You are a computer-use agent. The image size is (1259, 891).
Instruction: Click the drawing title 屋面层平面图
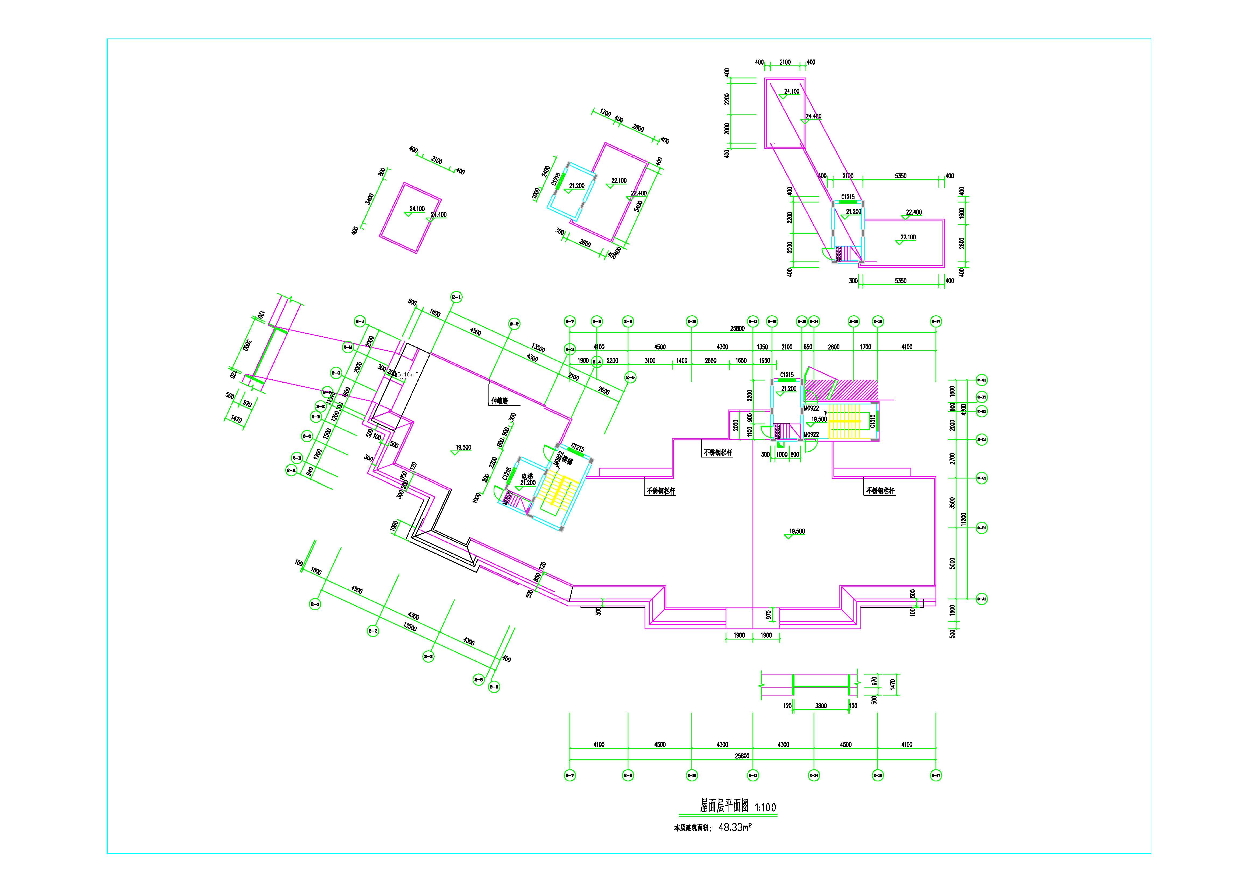coord(725,806)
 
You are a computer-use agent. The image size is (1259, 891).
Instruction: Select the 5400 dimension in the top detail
coord(639,207)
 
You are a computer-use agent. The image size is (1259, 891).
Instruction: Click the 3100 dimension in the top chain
coord(650,361)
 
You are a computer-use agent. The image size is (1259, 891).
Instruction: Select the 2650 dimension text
coord(711,361)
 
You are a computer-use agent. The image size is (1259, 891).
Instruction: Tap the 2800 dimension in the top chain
coord(834,347)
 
